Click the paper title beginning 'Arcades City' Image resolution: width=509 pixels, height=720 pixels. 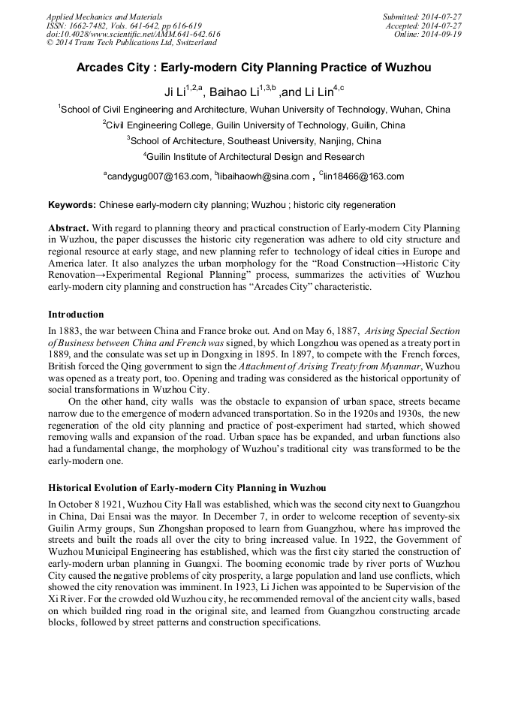(254, 68)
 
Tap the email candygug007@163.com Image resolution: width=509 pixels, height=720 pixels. (158, 176)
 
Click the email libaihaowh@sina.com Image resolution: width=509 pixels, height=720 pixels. (263, 176)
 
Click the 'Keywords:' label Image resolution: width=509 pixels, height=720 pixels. (72, 205)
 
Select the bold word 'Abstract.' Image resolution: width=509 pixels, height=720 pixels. (70, 227)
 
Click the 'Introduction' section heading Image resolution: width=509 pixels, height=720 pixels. (76, 315)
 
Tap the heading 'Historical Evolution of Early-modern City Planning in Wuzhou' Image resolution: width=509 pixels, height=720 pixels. (187, 488)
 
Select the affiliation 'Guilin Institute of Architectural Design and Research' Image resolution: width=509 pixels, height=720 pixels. (254, 157)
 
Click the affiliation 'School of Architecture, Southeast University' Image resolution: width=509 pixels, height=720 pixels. (254, 141)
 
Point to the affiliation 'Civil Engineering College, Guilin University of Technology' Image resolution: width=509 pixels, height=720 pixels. (254, 125)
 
